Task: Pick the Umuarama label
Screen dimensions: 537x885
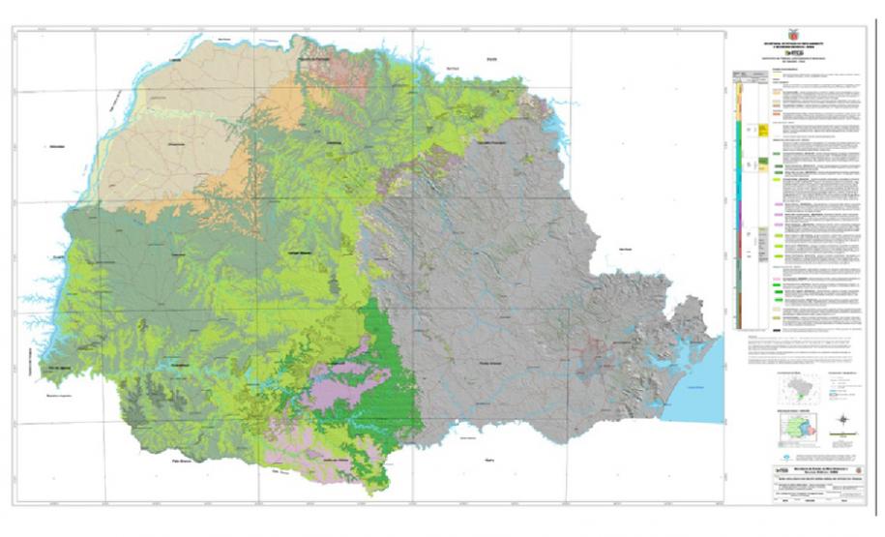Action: [x=176, y=142]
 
